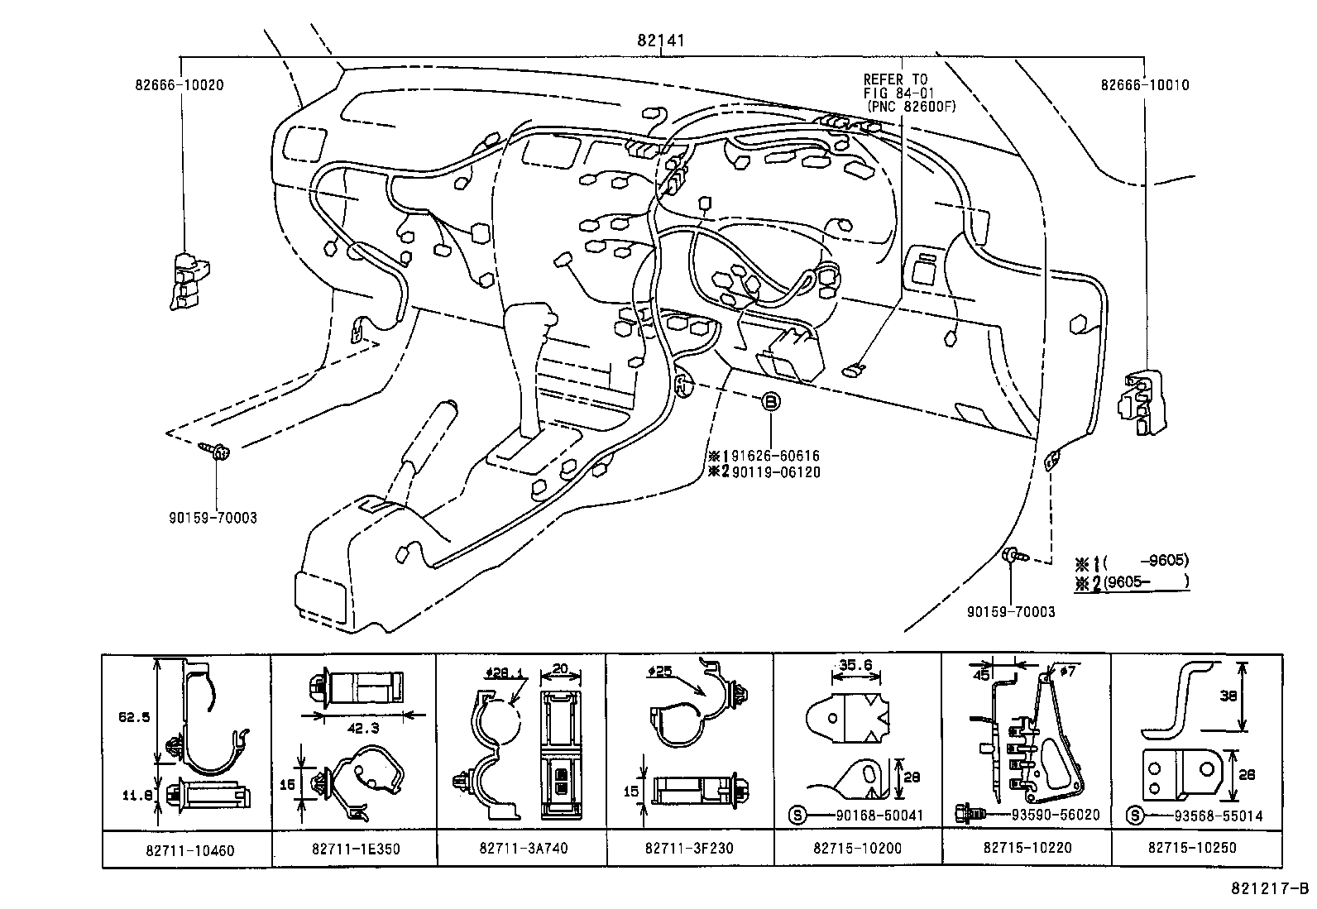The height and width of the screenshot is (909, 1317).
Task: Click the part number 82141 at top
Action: [x=661, y=40]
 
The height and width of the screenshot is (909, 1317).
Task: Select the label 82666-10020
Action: [x=180, y=84]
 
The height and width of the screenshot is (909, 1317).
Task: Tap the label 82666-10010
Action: [x=1145, y=84]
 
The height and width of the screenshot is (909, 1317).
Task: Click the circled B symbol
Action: [x=769, y=402]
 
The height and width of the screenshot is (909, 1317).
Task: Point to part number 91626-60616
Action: [x=775, y=456]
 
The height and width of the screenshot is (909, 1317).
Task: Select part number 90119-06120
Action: [x=775, y=471]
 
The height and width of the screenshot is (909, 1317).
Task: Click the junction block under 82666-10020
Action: [x=189, y=280]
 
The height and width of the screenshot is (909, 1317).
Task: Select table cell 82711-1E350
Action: [x=354, y=849]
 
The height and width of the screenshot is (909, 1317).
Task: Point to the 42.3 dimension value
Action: [x=358, y=729]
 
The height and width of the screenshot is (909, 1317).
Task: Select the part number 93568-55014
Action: [x=1218, y=816]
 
